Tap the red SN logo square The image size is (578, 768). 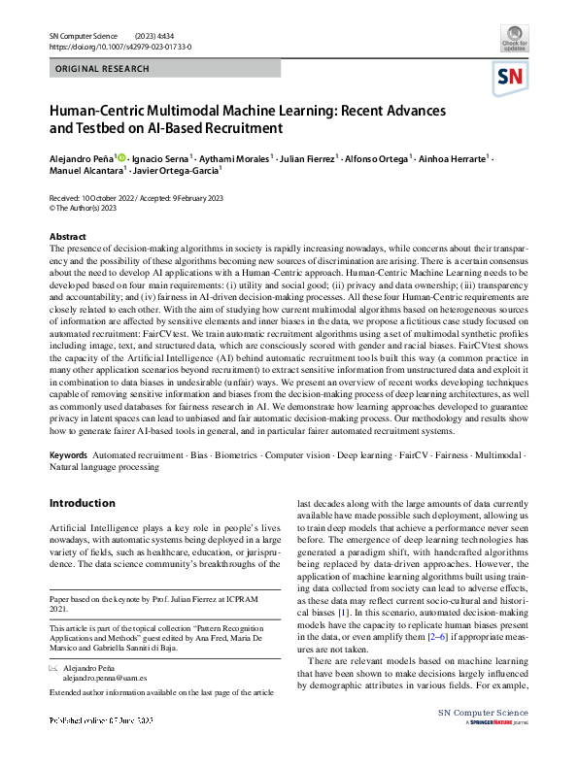(x=513, y=77)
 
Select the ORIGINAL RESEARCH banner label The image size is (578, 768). (x=103, y=69)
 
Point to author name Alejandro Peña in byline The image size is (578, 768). (x=82, y=156)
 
